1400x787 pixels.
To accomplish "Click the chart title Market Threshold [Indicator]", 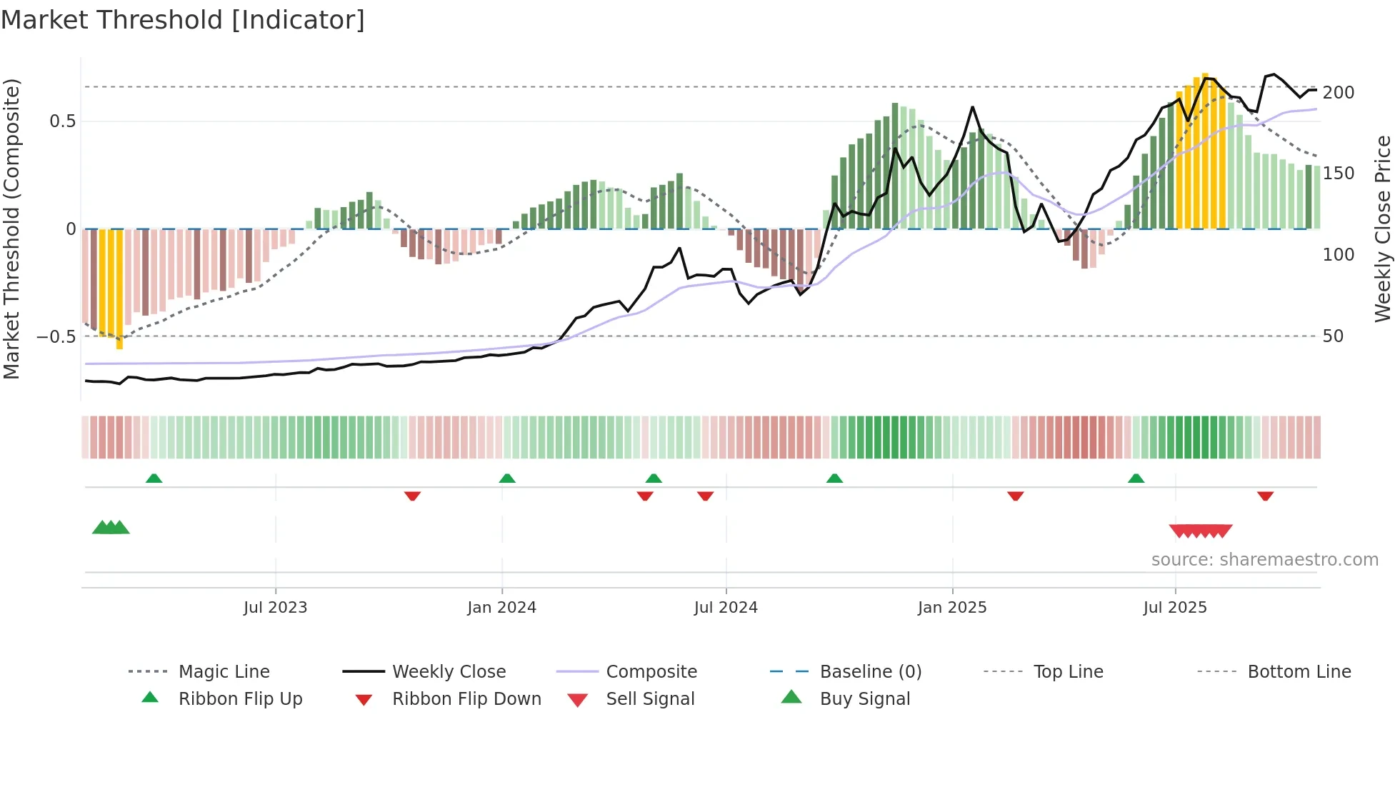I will tap(183, 20).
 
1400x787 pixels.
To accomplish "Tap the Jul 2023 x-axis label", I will tap(275, 608).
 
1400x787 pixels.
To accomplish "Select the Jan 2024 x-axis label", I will tap(501, 608).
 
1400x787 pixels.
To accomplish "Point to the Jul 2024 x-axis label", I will tap(726, 608).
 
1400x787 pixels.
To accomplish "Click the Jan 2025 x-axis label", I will tap(952, 608).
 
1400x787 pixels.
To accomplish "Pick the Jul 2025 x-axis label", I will tap(1175, 608).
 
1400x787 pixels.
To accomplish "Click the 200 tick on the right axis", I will tap(1338, 93).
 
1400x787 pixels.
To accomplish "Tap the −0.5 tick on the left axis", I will tap(56, 336).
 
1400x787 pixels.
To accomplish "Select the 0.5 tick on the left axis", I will tap(62, 121).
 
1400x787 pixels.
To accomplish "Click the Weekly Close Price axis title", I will tap(1383, 229).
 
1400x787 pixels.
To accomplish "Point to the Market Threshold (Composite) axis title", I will tap(11, 229).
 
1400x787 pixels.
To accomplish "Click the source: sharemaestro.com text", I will tap(1264, 560).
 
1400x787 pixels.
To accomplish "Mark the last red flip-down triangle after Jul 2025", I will tap(1265, 496).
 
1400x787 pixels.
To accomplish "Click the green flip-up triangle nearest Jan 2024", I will tap(507, 478).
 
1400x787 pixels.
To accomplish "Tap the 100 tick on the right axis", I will tap(1338, 255).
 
